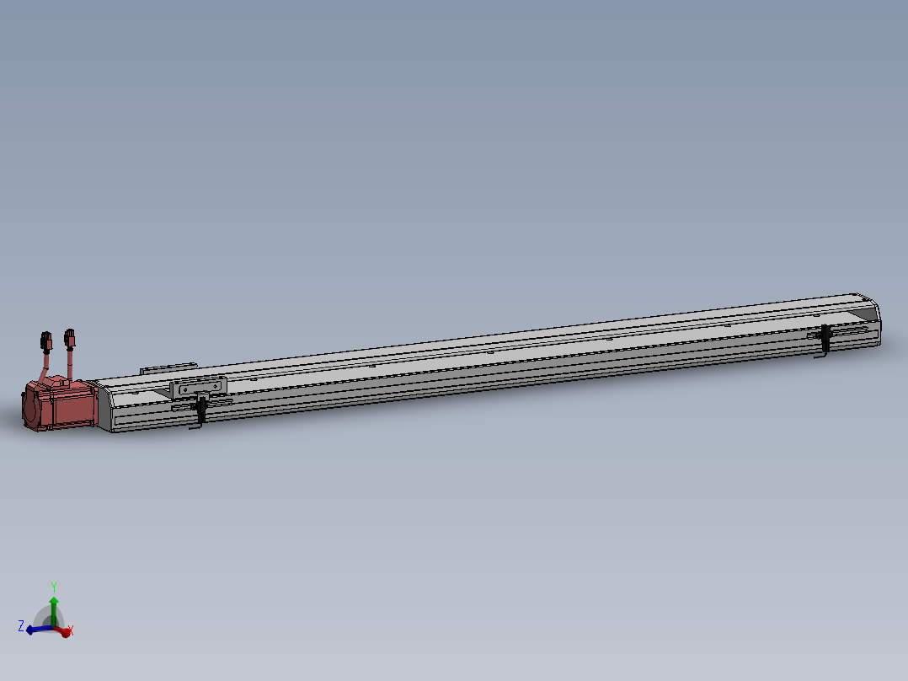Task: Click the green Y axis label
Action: click(x=54, y=587)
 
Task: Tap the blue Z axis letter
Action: click(x=21, y=626)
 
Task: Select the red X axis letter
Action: click(x=70, y=630)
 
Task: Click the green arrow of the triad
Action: click(x=54, y=605)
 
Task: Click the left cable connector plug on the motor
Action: click(x=45, y=342)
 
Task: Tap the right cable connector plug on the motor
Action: click(x=70, y=339)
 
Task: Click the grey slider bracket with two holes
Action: click(x=198, y=387)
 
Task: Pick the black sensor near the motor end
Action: click(x=202, y=410)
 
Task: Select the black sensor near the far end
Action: click(x=826, y=337)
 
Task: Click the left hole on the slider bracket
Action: click(x=184, y=389)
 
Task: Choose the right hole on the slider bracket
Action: click(x=216, y=385)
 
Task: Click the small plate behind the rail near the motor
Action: click(x=168, y=367)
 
